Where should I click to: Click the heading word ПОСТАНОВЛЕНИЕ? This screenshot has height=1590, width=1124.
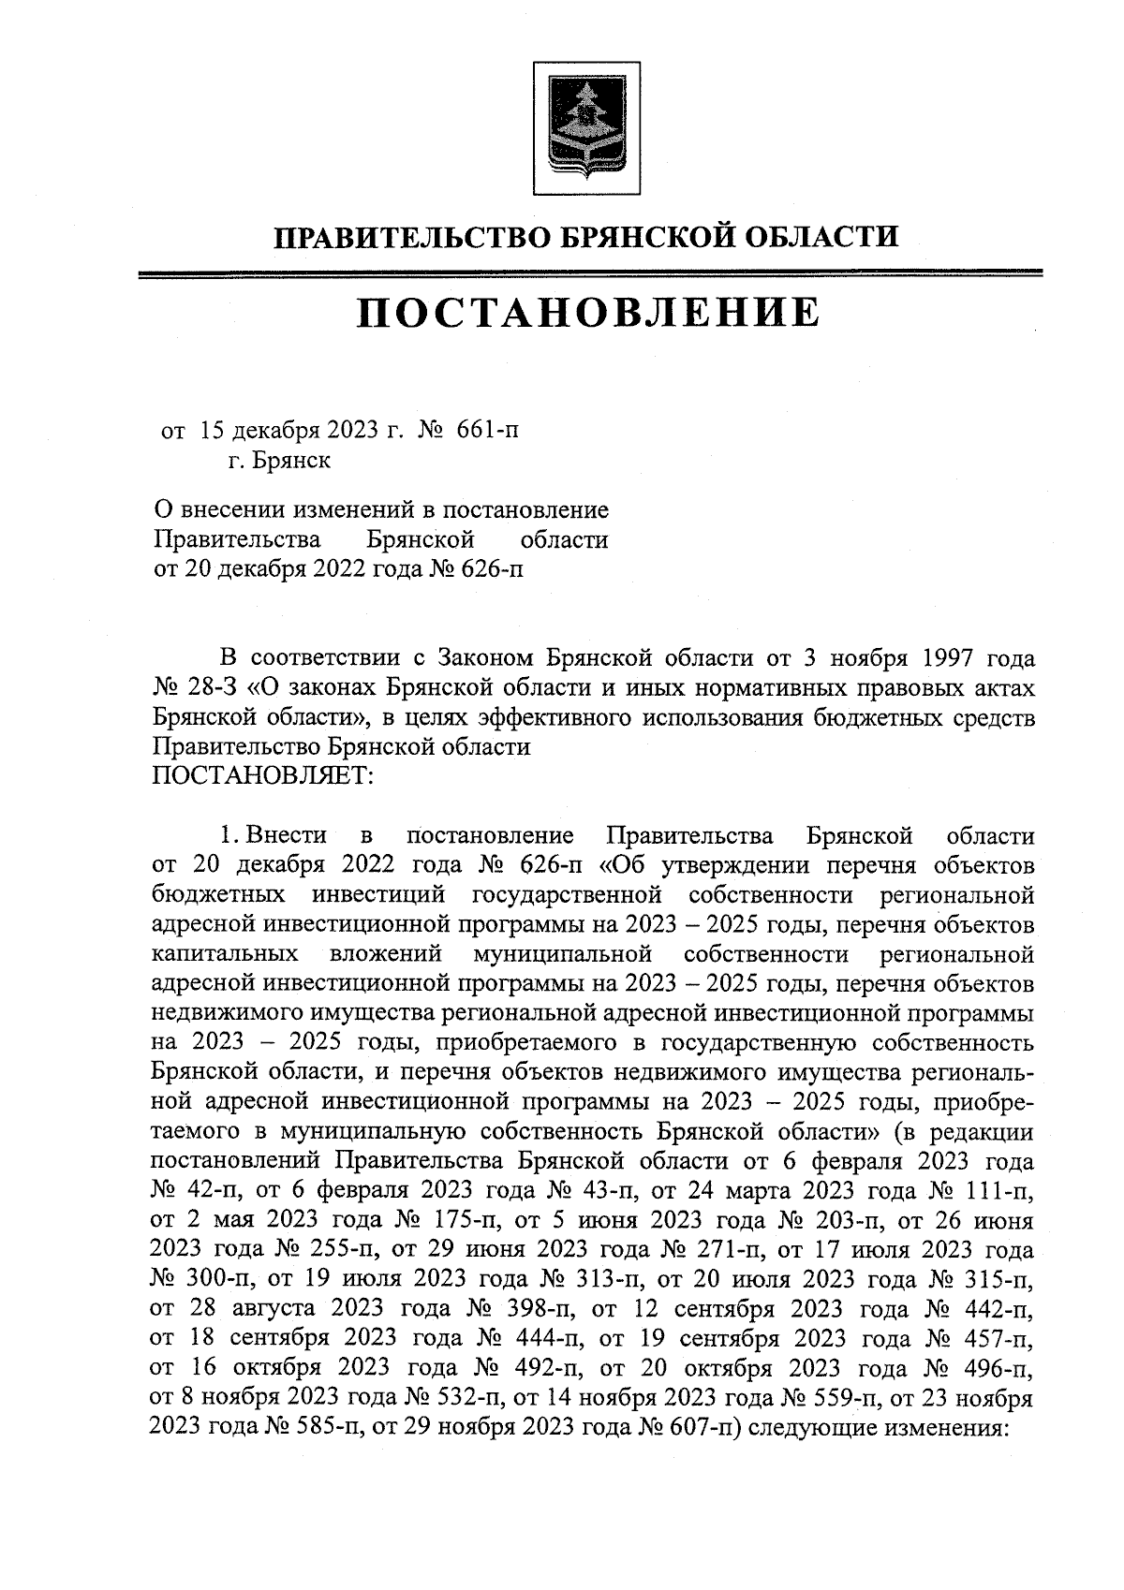tap(587, 314)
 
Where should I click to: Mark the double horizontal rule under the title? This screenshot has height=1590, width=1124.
tap(589, 273)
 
